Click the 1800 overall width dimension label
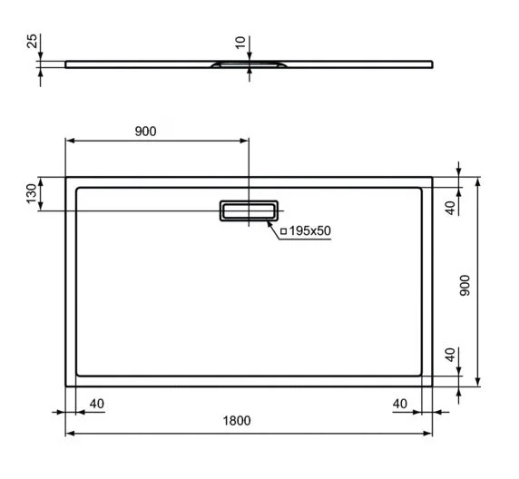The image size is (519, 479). click(237, 421)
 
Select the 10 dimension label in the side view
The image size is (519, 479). click(240, 43)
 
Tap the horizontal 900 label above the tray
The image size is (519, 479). click(145, 131)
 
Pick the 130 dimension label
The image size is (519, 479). click(31, 193)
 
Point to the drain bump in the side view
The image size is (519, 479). click(249, 65)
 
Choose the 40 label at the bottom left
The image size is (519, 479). click(97, 402)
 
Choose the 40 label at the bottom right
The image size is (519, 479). click(399, 402)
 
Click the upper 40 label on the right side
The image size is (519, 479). click(449, 208)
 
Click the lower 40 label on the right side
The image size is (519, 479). click(449, 355)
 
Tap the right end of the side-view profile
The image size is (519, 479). click(431, 64)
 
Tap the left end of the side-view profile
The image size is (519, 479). click(66, 64)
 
